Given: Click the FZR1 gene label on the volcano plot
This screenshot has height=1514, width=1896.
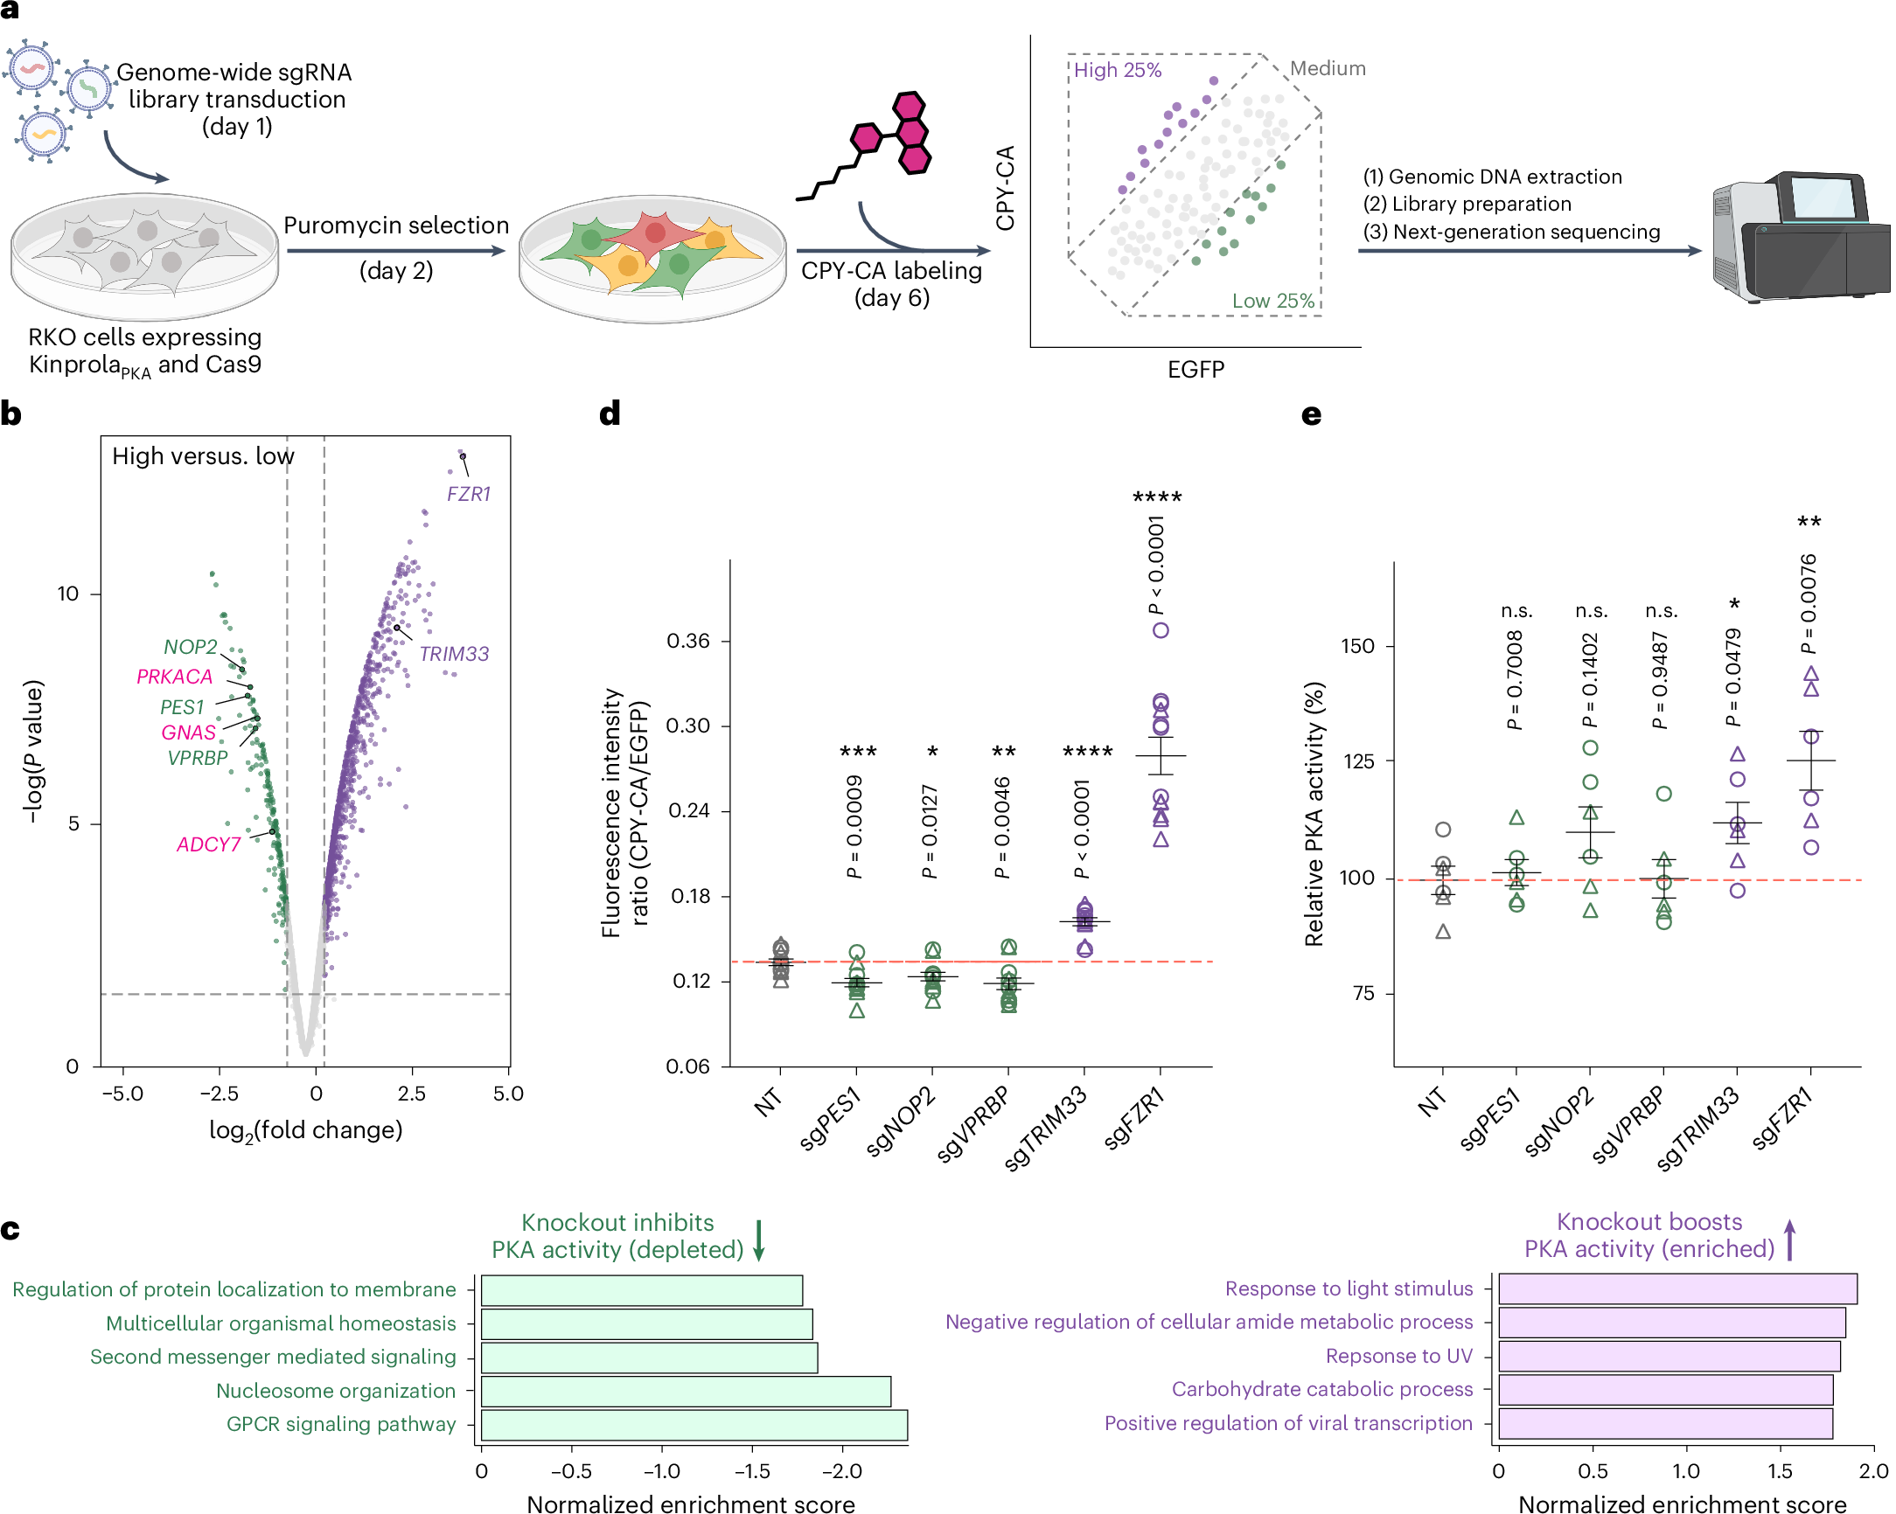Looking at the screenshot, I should (468, 494).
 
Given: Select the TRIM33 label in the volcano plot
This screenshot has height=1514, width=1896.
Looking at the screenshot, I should (454, 654).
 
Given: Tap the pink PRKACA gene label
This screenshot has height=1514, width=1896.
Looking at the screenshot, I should (174, 677).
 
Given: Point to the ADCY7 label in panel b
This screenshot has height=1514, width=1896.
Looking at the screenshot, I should (208, 845).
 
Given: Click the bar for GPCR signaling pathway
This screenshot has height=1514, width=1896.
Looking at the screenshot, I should (694, 1425).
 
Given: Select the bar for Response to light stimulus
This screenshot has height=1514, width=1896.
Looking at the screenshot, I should (1677, 1289).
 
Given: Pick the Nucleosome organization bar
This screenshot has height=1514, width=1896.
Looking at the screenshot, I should (686, 1392).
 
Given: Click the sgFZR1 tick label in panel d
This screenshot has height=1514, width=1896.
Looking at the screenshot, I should (1135, 1117).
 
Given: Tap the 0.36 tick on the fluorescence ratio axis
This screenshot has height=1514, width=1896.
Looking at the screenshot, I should (687, 641).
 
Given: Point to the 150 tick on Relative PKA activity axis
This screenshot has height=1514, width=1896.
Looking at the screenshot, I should (1357, 646).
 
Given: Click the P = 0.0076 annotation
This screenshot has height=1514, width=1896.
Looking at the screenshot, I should (1808, 604).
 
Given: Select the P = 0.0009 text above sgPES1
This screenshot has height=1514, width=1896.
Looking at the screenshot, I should (854, 827).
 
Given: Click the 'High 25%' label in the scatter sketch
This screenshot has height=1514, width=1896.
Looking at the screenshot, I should (1118, 70).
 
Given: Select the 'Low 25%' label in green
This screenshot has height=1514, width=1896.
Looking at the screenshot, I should (1272, 301).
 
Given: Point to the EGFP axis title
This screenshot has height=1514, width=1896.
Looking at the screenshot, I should (1195, 369).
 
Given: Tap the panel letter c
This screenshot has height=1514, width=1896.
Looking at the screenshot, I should (10, 1230).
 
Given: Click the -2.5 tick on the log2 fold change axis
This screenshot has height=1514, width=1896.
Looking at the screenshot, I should (219, 1094).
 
